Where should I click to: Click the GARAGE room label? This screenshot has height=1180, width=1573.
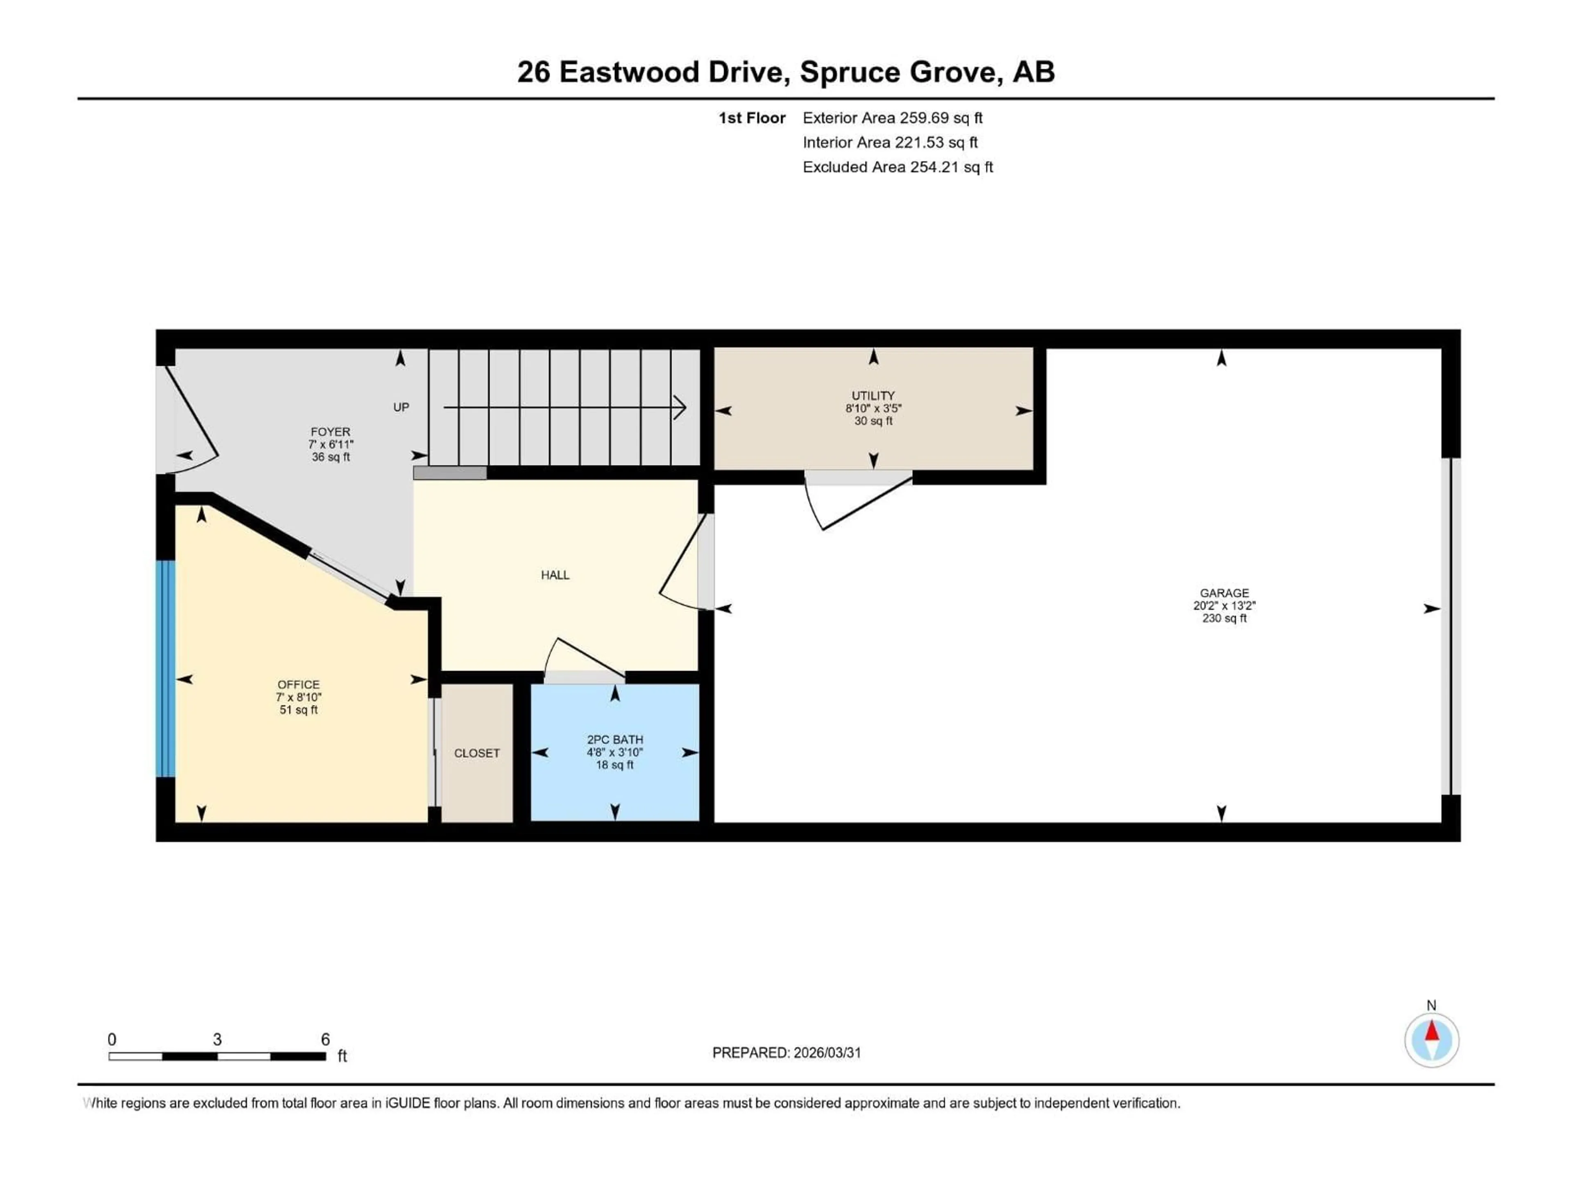(1224, 592)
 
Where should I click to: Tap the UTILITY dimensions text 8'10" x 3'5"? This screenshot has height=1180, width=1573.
(873, 408)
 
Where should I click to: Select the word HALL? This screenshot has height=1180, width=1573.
(555, 575)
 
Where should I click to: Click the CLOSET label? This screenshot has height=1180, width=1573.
(476, 753)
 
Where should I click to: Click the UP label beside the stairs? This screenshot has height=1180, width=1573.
(401, 407)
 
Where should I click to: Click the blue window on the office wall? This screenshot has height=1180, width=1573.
(165, 669)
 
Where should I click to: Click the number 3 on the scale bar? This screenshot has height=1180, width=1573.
(217, 1039)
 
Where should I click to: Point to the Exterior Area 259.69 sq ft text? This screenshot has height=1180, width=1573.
(893, 118)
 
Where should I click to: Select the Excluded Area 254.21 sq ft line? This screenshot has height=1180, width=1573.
(898, 167)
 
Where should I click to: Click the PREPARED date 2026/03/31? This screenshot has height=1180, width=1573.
(826, 1053)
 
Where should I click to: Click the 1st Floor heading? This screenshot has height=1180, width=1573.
(752, 118)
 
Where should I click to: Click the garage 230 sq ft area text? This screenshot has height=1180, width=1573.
(1224, 618)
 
